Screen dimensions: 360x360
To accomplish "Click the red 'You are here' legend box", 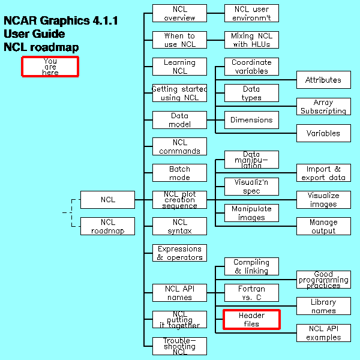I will [50, 66].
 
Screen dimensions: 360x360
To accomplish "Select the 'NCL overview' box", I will [179, 13].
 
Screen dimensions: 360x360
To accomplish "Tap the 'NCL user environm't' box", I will [251, 13].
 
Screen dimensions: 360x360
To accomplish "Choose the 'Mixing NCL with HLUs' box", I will [251, 40].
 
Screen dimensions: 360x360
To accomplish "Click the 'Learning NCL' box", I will [179, 66].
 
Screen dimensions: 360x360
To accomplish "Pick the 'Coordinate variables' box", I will [251, 66].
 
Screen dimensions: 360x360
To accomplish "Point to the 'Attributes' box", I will [323, 80].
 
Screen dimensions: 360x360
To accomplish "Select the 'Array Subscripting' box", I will [323, 106].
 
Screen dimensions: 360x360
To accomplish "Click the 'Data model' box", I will [179, 119].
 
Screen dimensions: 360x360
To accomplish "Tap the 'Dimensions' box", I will [251, 119].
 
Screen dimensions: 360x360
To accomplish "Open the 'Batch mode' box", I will [179, 173].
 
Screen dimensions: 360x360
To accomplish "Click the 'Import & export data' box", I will [323, 173].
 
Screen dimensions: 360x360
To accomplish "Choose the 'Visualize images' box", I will [323, 200].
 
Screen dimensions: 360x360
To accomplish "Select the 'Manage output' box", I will [323, 226].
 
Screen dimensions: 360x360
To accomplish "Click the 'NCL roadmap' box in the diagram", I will [107, 226].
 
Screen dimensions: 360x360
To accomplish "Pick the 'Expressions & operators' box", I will [179, 253].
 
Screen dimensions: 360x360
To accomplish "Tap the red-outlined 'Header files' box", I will [251, 319].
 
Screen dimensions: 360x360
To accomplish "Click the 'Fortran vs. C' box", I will [251, 293].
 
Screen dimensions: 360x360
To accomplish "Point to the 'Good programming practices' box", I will [323, 280].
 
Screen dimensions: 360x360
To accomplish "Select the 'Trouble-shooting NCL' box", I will [179, 346].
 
